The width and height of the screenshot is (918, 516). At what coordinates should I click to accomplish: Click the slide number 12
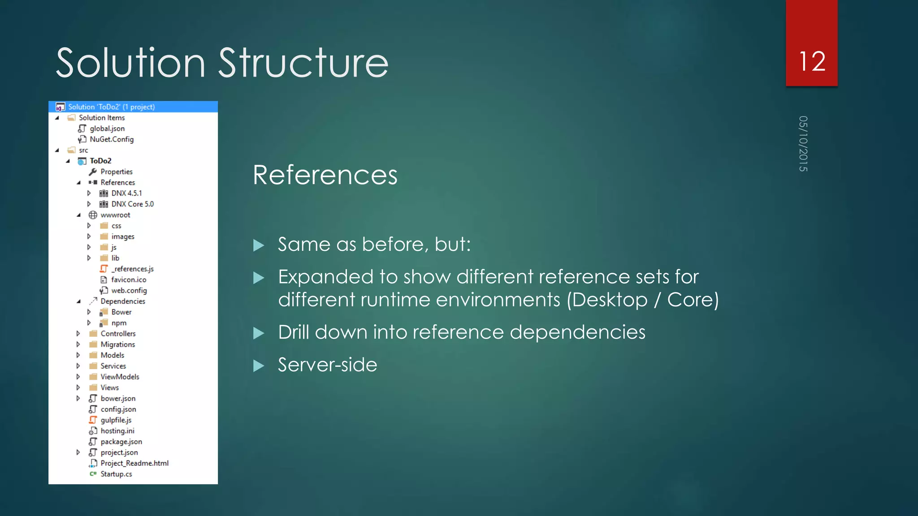(812, 61)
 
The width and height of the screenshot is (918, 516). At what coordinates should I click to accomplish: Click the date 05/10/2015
(803, 144)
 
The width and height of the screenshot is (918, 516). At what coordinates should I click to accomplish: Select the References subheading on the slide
(325, 175)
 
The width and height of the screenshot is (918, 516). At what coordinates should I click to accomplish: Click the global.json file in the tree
(107, 129)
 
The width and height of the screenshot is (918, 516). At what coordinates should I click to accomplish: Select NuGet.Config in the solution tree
(112, 139)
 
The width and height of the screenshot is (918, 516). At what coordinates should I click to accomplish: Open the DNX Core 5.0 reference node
(132, 204)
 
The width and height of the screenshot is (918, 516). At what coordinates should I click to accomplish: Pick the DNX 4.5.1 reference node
(126, 193)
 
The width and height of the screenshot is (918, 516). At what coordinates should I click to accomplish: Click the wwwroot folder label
(115, 215)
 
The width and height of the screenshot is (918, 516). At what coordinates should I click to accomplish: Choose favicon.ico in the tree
(129, 280)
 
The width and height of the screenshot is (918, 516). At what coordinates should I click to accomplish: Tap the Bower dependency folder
(121, 312)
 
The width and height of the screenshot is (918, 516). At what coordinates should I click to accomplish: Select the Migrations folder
(117, 344)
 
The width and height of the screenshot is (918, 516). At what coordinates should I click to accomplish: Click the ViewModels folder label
(120, 377)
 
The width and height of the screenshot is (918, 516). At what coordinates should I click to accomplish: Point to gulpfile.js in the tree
(116, 420)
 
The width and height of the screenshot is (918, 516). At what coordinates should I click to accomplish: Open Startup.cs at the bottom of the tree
(116, 474)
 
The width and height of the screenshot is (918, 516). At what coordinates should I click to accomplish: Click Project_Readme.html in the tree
(134, 463)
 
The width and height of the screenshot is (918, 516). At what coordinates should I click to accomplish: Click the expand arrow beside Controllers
(78, 334)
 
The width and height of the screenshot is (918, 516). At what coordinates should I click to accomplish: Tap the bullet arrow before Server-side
(259, 366)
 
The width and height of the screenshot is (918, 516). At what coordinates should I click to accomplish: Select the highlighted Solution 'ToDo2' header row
(133, 107)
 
